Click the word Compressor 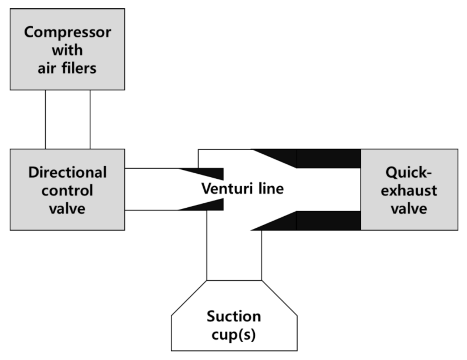(67, 32)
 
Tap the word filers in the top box (79, 68)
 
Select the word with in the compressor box (67, 50)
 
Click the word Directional (67, 172)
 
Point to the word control (67, 190)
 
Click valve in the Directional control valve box (67, 209)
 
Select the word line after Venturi (271, 188)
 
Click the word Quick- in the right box (408, 172)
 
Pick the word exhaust (409, 190)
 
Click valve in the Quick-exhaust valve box (409, 209)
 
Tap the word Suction (234, 316)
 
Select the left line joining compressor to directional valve (45, 120)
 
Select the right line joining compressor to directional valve (90, 120)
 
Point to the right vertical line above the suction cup (261, 255)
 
